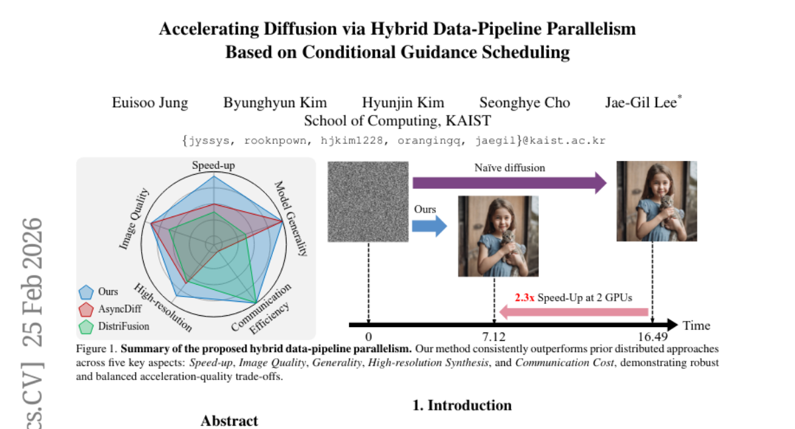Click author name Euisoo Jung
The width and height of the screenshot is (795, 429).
[x=149, y=103]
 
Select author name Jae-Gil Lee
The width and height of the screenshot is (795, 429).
[x=641, y=103]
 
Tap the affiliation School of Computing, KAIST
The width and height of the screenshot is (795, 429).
[x=397, y=120]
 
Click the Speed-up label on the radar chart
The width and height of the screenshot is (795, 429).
[x=213, y=166]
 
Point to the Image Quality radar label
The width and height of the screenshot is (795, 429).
[x=134, y=219]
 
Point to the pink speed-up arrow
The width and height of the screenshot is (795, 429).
[x=574, y=312]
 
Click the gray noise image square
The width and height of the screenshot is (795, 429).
[x=368, y=202]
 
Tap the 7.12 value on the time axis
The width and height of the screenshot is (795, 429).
[x=494, y=336]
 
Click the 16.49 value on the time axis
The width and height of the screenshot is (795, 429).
[x=653, y=336]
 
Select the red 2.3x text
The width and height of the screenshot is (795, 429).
[x=525, y=298]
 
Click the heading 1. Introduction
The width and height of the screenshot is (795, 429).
[x=462, y=405]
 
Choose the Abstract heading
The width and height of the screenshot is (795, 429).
[x=229, y=421]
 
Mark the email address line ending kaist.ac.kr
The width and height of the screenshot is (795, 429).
[x=393, y=140]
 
